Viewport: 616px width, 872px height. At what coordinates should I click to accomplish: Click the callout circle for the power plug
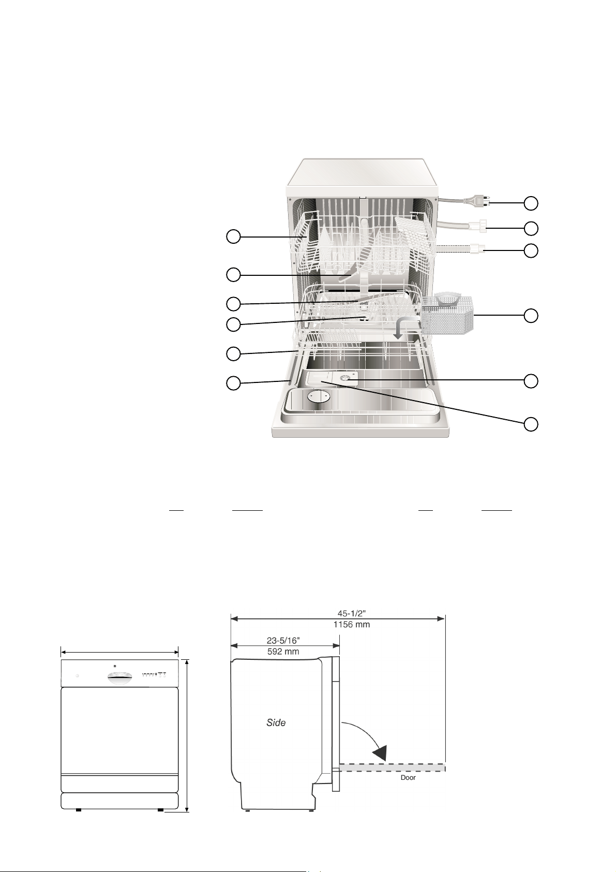531,203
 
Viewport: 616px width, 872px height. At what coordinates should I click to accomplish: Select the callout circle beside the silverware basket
531,315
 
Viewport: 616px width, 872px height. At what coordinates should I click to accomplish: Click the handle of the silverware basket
446,299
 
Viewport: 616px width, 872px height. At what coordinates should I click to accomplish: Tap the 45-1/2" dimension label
351,613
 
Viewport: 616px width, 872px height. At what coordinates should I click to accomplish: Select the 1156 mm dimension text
351,625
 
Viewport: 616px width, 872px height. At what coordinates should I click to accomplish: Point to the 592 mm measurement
283,651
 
